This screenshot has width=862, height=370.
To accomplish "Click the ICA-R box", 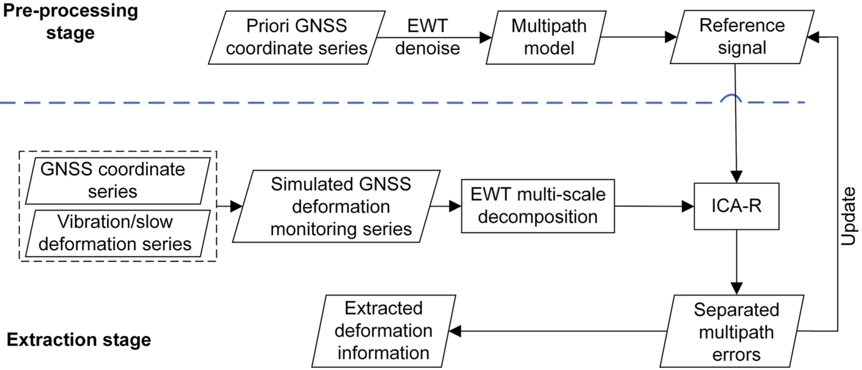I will (x=736, y=206).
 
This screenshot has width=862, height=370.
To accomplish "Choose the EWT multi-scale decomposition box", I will (x=538, y=206).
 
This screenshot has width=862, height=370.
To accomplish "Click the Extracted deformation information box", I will (x=383, y=331).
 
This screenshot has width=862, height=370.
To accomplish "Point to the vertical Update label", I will (x=848, y=216).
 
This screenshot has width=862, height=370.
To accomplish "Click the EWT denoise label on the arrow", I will (x=427, y=37).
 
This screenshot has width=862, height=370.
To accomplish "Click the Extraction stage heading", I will (x=79, y=340).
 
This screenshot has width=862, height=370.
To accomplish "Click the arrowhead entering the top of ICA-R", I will (x=736, y=176).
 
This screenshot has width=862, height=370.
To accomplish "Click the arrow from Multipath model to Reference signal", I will (x=636, y=37).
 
